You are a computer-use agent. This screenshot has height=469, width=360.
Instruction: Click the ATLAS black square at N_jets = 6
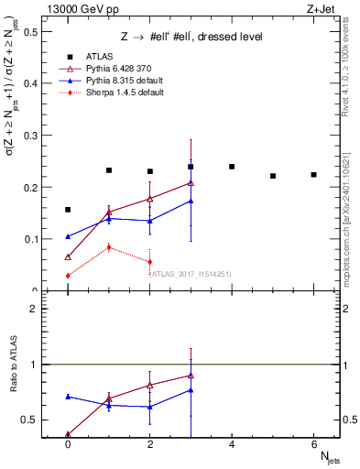click(x=313, y=175)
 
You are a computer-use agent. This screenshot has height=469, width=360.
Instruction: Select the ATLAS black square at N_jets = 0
click(x=68, y=210)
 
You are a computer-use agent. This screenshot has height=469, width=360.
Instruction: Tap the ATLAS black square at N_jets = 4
click(x=232, y=167)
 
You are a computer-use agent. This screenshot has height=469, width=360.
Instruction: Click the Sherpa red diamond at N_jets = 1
click(x=109, y=247)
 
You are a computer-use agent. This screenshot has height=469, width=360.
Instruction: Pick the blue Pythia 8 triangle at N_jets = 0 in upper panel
click(x=68, y=236)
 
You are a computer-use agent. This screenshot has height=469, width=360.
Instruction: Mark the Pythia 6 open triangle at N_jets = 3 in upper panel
click(x=191, y=182)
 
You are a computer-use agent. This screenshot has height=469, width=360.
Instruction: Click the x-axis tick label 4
click(x=232, y=443)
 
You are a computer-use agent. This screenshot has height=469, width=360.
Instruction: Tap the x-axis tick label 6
click(x=313, y=443)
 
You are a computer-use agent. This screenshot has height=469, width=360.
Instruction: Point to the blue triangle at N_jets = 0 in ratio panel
click(x=68, y=397)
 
